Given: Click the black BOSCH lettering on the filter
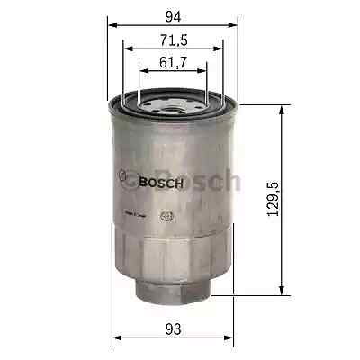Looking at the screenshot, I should coord(161,184).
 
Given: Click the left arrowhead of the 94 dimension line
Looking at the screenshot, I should coord(112,25).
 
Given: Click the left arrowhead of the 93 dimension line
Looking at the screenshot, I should coord(115,340).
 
